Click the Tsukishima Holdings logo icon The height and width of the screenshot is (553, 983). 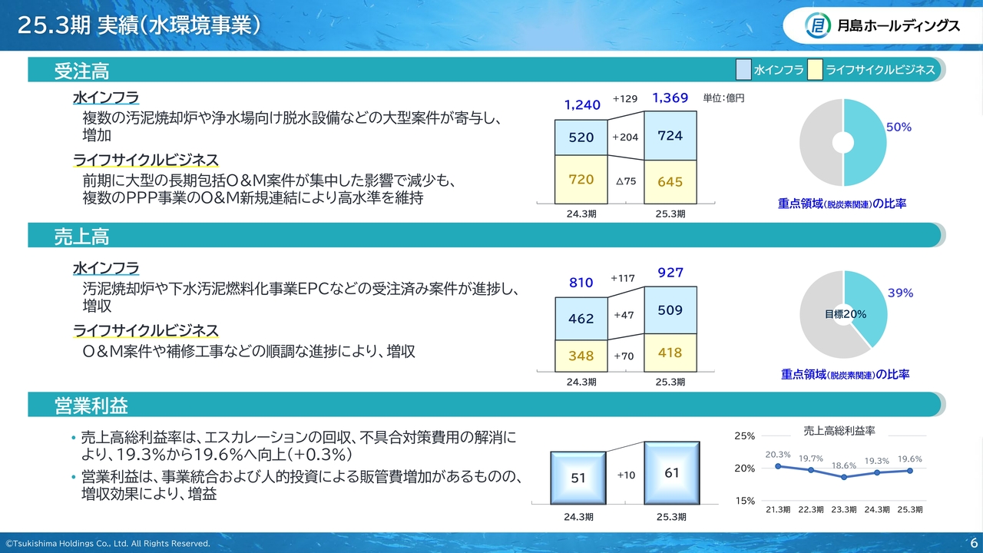pos(818,25)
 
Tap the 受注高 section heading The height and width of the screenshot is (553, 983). pos(81,71)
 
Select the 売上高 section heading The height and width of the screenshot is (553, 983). pos(81,236)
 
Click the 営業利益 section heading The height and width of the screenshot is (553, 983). pos(91,405)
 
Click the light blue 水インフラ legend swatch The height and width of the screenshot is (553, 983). pos(743,69)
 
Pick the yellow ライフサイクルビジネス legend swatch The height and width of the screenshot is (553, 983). pos(815,69)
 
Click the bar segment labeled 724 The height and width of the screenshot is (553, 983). pos(670,136)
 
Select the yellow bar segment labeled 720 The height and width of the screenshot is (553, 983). pos(581,180)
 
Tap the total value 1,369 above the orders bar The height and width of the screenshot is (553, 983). pos(670,98)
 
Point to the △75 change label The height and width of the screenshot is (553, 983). pos(626,181)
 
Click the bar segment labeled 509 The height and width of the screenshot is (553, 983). pos(670,310)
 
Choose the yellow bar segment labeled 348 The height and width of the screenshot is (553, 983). pos(581,356)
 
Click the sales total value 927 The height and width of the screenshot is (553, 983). pos(670,273)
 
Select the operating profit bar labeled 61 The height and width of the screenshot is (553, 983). pos(672,473)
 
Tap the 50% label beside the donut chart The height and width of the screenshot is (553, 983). pos(899,127)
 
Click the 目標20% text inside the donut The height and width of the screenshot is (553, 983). pos(846,314)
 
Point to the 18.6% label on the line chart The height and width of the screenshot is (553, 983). pos(844,465)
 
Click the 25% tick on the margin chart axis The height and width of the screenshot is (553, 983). pos(745,435)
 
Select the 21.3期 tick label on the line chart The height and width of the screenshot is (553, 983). pos(778,509)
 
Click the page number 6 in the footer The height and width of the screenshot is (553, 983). pos(974,543)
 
